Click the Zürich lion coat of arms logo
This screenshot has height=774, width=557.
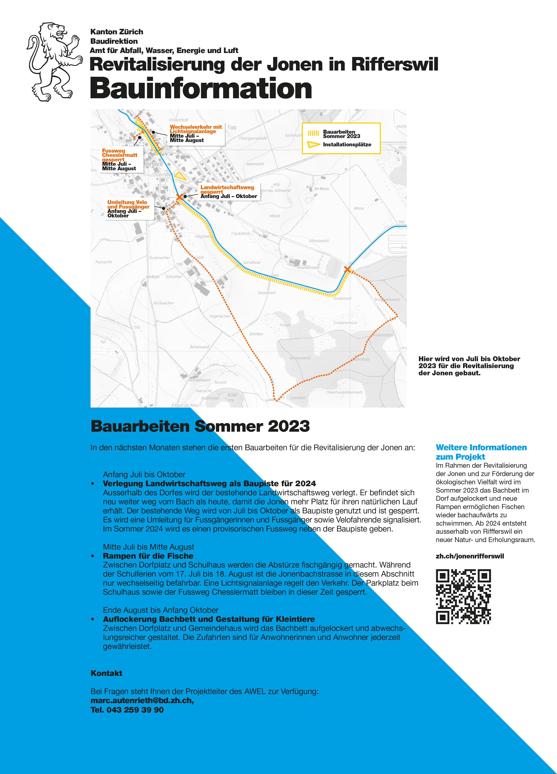click(x=55, y=62)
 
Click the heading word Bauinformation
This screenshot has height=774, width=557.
click(x=201, y=88)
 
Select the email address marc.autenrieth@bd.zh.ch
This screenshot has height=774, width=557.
click(x=142, y=700)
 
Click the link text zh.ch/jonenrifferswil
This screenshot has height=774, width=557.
click(x=470, y=556)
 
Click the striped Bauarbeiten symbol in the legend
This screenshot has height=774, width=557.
click(x=313, y=134)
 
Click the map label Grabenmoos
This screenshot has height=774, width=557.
click(x=345, y=322)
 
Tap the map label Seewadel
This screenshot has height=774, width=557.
click(x=255, y=164)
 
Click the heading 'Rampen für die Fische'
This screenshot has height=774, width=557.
click(x=148, y=556)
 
